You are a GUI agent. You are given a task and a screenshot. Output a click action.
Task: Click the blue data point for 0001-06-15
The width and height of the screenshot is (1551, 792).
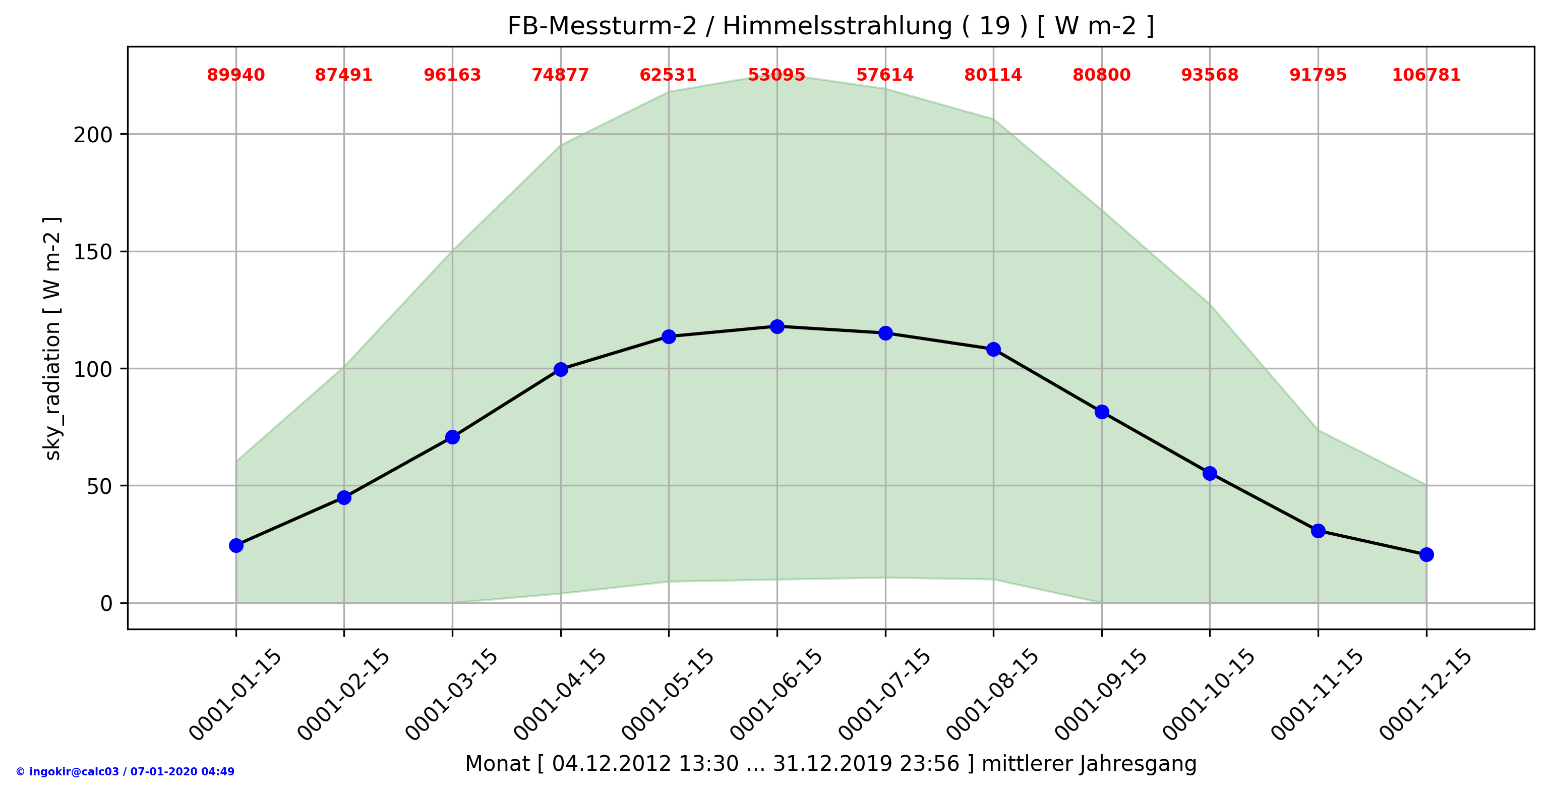point(777,326)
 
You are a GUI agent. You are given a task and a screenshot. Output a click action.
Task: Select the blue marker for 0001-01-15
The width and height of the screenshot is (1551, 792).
point(236,546)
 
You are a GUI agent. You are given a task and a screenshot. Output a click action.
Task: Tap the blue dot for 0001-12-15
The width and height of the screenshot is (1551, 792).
point(1426,555)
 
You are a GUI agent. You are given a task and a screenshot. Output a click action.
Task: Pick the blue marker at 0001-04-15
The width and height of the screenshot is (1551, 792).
point(561,369)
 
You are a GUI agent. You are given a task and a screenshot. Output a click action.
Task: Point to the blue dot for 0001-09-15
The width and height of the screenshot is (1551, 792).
point(1102,412)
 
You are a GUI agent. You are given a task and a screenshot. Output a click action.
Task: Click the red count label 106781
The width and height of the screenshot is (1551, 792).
point(1426,75)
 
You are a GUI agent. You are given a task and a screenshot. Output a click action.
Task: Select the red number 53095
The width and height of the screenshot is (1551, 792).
point(777,75)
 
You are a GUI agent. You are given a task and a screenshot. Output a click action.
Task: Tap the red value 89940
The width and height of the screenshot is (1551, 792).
point(236,75)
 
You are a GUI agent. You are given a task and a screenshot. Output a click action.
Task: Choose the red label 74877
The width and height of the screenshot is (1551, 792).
point(561,75)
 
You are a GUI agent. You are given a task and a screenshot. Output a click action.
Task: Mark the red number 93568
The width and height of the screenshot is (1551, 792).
point(1210,75)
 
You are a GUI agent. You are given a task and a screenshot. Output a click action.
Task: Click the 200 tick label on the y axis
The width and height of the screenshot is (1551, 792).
point(93,135)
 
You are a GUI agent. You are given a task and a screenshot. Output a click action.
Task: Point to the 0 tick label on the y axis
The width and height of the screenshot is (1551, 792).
point(106,603)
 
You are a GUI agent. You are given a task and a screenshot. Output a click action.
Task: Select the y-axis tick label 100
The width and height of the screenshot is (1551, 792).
point(93,369)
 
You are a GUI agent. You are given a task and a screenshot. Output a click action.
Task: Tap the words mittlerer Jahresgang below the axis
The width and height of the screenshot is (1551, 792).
point(1089,764)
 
